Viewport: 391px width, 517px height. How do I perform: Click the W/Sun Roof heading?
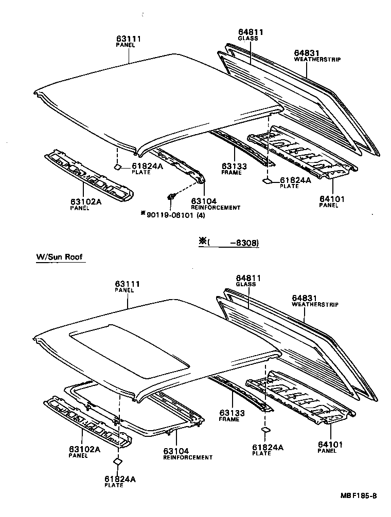(59, 257)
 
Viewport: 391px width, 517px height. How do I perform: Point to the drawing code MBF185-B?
(358, 496)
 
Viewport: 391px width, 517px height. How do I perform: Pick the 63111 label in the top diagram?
(128, 39)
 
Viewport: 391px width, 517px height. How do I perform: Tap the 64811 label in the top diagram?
(251, 32)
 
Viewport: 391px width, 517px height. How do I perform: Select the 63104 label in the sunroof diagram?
(176, 451)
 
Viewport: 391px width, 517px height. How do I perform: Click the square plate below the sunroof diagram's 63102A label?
(117, 461)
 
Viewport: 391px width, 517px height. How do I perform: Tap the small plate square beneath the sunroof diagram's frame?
(266, 430)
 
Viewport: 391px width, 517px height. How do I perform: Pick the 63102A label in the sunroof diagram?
(85, 449)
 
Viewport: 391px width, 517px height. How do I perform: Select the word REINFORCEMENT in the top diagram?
(215, 208)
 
